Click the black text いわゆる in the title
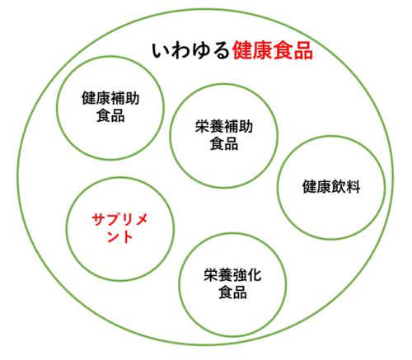click(x=190, y=51)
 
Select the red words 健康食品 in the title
click(x=273, y=50)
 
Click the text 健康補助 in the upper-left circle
click(x=110, y=98)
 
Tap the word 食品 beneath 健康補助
click(x=110, y=115)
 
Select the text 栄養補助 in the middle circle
click(x=224, y=126)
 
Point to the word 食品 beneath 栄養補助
click(x=224, y=143)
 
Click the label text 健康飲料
click(x=331, y=187)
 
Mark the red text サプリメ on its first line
click(x=119, y=219)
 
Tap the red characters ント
click(x=119, y=236)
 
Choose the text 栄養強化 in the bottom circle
click(x=232, y=275)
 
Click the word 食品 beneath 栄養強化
click(x=232, y=292)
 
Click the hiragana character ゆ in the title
click(x=200, y=51)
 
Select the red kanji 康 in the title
click(x=263, y=50)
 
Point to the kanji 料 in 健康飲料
click(x=353, y=187)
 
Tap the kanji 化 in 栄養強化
click(x=255, y=275)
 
